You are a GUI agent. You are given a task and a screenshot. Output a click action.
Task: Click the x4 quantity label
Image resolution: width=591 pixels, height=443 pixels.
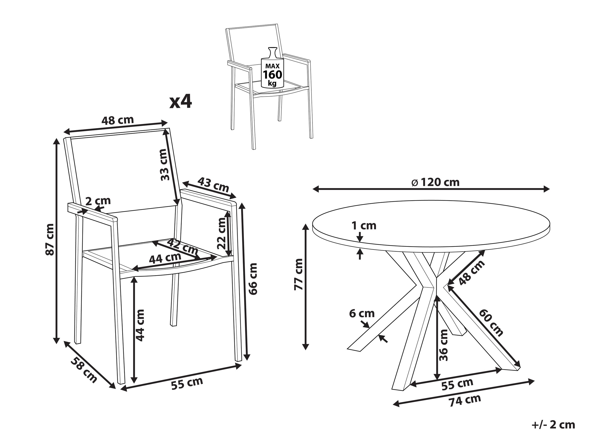click(x=181, y=102)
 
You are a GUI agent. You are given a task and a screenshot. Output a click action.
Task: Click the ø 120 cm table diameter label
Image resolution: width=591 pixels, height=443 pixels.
click(x=436, y=182)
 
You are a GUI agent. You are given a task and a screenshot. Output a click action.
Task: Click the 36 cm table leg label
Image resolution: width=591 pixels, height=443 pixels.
click(x=443, y=345)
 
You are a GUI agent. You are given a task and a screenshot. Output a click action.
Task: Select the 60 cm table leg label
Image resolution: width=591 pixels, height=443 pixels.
click(x=491, y=322)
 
